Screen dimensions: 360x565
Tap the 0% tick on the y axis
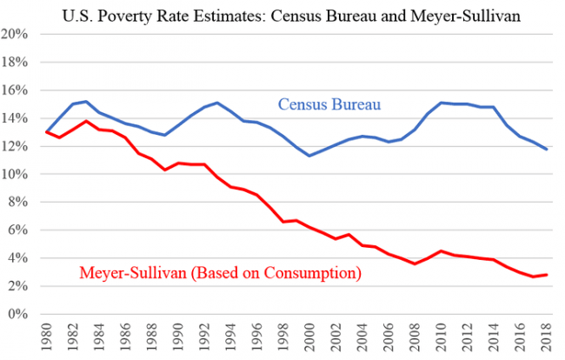(x=19, y=314)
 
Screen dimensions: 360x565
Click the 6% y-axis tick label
(x=19, y=230)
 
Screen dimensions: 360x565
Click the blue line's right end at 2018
(x=544, y=150)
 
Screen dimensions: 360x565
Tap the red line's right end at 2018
(x=544, y=275)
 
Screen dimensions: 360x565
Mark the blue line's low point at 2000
(x=309, y=156)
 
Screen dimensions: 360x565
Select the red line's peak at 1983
(x=85, y=121)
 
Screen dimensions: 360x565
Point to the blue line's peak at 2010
(x=440, y=103)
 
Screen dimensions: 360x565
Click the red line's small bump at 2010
(x=440, y=250)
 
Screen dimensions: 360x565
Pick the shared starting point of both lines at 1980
(x=46, y=132)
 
